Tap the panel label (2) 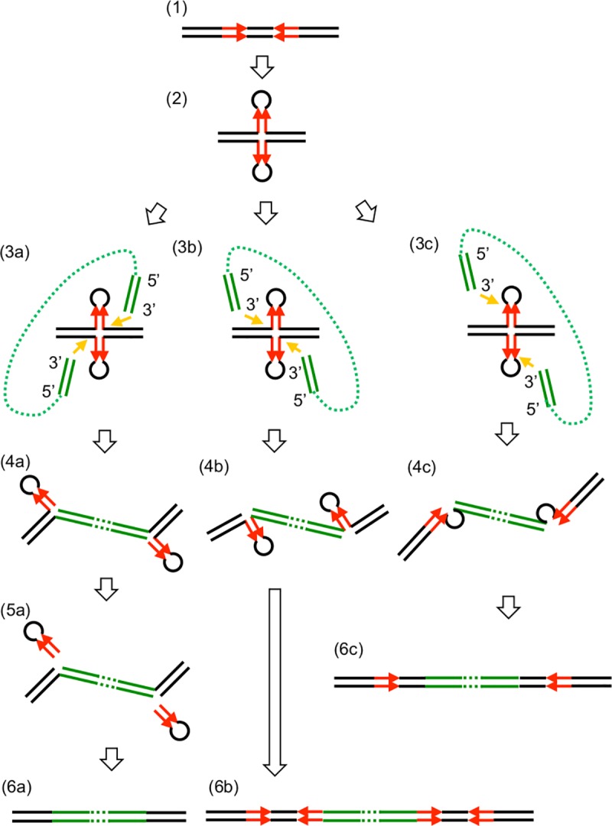[x=174, y=101]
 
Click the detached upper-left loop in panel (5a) [x=32, y=632]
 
